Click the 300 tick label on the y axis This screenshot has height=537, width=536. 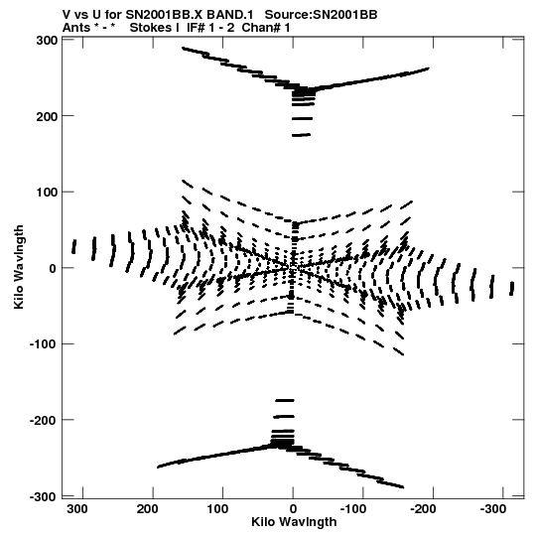(x=47, y=41)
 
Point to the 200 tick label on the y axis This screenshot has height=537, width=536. (x=47, y=116)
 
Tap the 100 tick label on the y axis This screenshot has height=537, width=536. (x=47, y=193)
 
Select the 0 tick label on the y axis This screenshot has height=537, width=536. (x=53, y=268)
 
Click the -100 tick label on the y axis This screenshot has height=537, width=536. (x=44, y=344)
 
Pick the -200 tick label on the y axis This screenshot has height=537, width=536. (x=44, y=421)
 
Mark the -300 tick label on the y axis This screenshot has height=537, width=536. (x=44, y=496)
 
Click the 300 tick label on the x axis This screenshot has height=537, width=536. (x=77, y=509)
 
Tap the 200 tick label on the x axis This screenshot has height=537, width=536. (x=147, y=509)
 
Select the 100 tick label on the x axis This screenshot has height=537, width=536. (x=217, y=509)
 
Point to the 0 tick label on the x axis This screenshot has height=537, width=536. (x=293, y=509)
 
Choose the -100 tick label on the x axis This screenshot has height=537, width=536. (x=353, y=509)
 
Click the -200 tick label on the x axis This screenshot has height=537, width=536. (x=424, y=509)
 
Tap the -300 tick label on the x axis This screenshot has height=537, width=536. (x=493, y=509)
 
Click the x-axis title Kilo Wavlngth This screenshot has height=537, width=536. (x=294, y=522)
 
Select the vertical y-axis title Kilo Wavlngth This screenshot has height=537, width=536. (x=20, y=267)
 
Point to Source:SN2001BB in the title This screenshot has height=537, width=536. (x=322, y=15)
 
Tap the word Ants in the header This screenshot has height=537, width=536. (x=75, y=28)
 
